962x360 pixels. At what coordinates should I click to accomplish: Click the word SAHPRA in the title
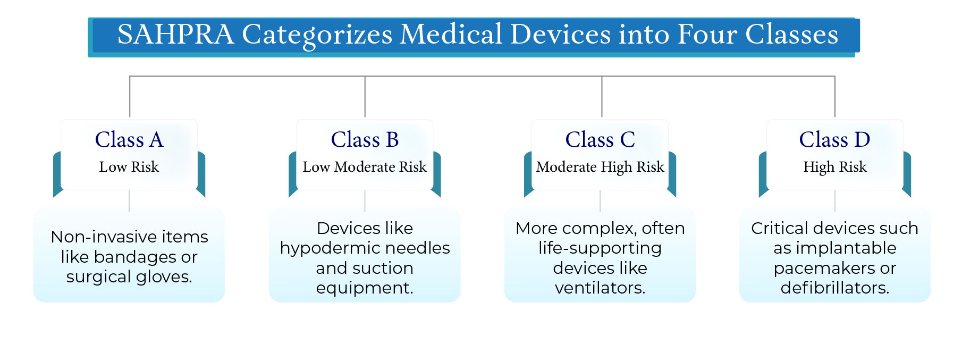(175, 35)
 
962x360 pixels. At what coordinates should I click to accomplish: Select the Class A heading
(129, 140)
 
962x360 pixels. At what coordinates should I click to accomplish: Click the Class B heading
(365, 140)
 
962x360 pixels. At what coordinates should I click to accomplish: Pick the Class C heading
(600, 140)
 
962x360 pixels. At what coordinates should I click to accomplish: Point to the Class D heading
(834, 140)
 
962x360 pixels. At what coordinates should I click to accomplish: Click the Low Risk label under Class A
(129, 167)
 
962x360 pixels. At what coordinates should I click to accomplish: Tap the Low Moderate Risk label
(365, 167)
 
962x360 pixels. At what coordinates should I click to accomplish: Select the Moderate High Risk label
(600, 167)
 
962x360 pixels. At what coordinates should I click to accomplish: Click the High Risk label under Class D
(834, 167)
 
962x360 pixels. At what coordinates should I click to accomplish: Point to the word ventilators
(600, 288)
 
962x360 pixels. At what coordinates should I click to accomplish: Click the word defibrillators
(834, 288)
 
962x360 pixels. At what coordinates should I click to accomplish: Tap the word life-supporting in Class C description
(600, 248)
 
